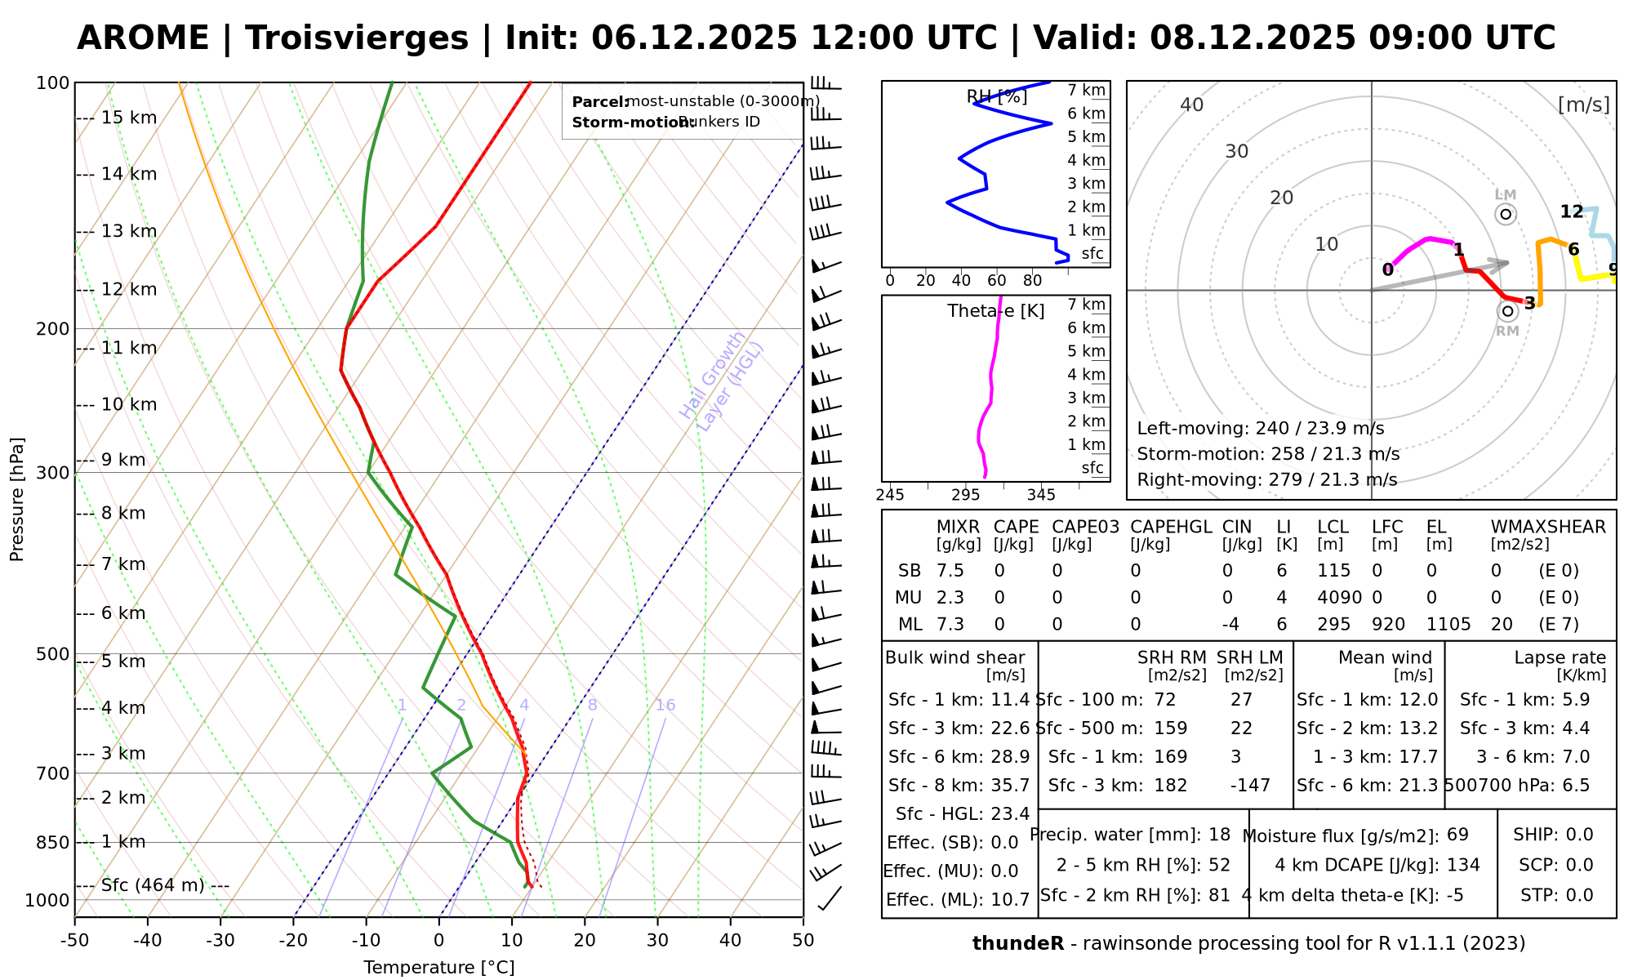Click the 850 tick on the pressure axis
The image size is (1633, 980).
point(53,842)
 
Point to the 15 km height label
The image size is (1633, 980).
point(128,118)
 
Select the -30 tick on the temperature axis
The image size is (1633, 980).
point(220,940)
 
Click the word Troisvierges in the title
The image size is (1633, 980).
point(356,38)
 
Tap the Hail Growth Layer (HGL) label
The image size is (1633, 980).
point(722,381)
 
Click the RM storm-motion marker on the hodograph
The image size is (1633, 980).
point(1507,311)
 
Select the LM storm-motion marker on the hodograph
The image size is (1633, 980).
point(1506,214)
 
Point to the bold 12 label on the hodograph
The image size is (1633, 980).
point(1572,212)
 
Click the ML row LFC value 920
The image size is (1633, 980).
point(1388,625)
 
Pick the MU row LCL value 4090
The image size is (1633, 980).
point(1339,598)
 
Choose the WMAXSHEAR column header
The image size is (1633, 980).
point(1548,527)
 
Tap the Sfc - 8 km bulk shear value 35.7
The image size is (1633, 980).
point(1010,786)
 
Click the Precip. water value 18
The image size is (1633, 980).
point(1219,835)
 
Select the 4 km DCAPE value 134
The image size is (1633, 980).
point(1463,865)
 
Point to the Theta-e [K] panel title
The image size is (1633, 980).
point(995,311)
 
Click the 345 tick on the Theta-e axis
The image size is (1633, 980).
point(1041,495)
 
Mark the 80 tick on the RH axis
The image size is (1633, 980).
point(1033,280)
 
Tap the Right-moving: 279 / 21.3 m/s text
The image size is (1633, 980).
point(1266,479)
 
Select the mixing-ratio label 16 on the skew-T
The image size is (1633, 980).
point(665,706)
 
